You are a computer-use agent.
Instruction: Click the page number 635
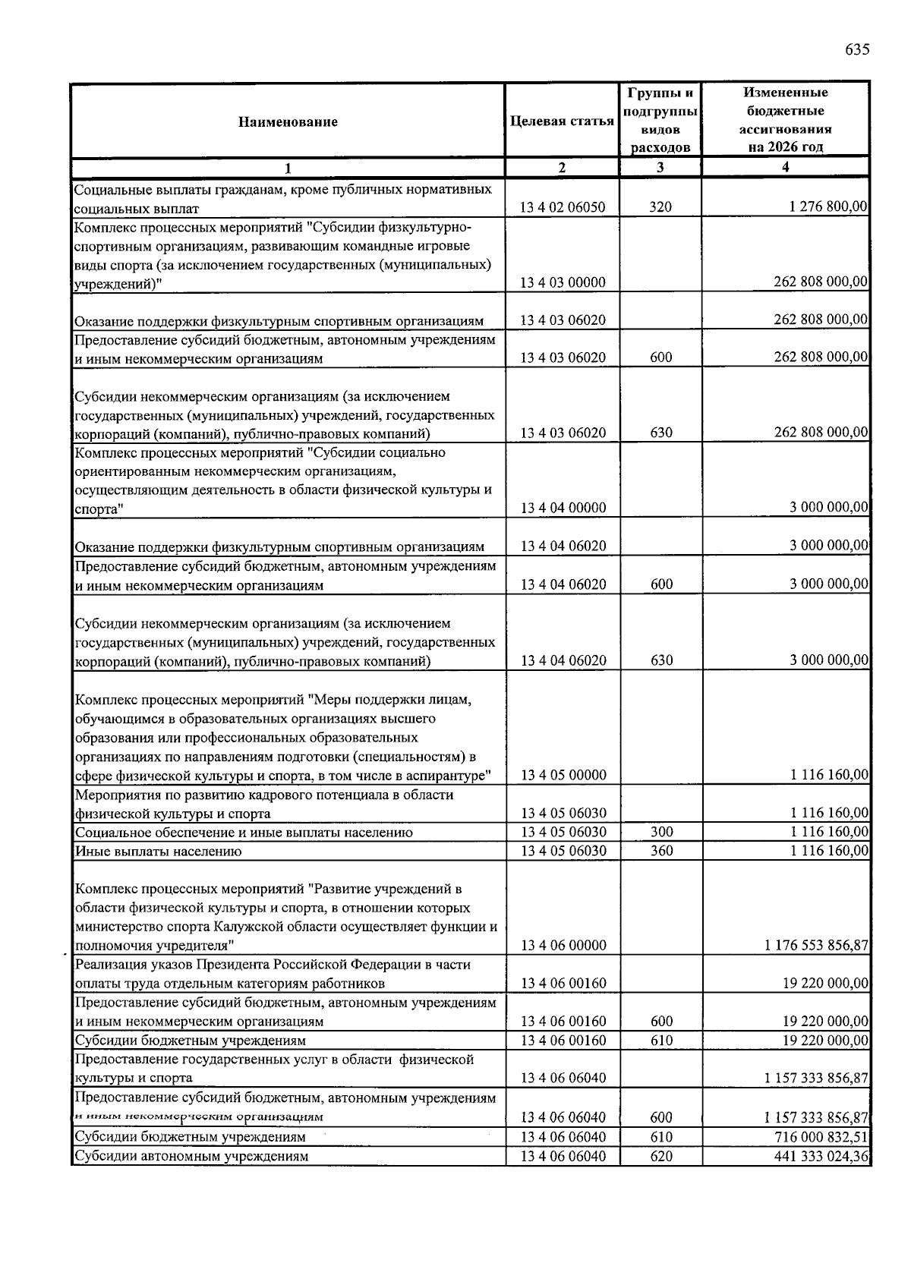tap(856, 50)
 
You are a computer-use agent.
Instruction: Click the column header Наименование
tap(288, 121)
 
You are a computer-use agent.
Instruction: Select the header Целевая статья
tap(562, 121)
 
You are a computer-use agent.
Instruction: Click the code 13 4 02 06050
tap(563, 207)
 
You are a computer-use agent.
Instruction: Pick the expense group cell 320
tap(660, 207)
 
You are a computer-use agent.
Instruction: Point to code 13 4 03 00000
tap(563, 282)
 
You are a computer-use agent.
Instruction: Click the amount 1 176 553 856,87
tap(817, 945)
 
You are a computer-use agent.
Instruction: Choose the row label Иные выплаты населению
tap(158, 852)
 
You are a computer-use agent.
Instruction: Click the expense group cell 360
tap(661, 851)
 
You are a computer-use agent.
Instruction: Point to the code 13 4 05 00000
tap(563, 775)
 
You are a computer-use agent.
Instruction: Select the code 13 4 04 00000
tap(563, 509)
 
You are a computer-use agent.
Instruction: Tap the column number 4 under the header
tap(785, 168)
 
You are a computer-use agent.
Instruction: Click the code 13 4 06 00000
tap(563, 946)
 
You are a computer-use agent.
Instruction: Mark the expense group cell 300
tap(661, 832)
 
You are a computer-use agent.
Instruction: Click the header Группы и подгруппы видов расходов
tap(660, 120)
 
